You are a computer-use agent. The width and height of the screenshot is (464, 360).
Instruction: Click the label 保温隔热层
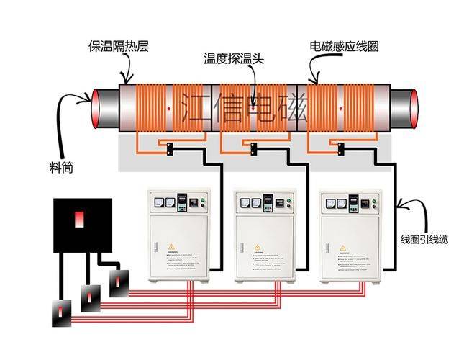(119, 45)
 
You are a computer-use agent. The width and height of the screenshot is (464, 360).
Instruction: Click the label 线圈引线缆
(424, 239)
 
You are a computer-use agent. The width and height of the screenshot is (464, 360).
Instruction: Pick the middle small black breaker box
(91, 295)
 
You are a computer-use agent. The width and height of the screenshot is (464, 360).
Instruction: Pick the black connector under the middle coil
(253, 149)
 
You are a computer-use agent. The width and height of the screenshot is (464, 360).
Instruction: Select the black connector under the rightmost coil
(339, 149)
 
